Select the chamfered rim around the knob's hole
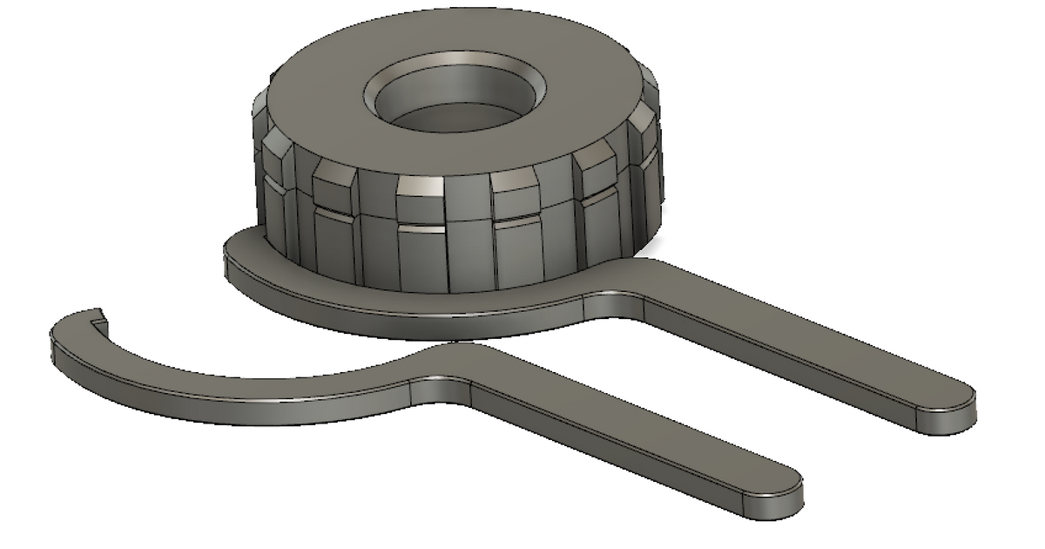pyautogui.click(x=383, y=83)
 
